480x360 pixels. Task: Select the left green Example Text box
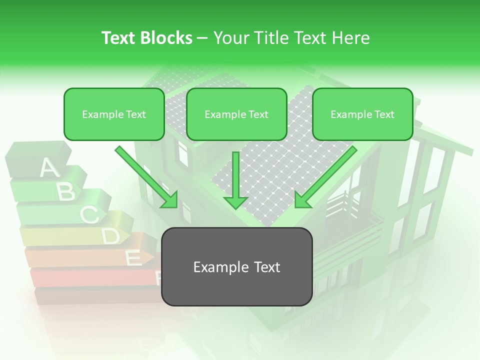click(x=114, y=114)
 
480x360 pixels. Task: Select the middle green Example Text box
click(x=236, y=114)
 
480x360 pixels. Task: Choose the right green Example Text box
click(x=362, y=114)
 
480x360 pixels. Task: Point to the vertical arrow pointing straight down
click(x=235, y=180)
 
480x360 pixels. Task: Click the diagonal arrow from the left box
click(x=147, y=177)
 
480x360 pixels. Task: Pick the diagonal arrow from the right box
click(x=325, y=177)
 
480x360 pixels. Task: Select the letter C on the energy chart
click(x=89, y=214)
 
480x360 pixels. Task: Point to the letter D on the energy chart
click(x=110, y=236)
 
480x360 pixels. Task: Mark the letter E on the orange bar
click(x=132, y=258)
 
